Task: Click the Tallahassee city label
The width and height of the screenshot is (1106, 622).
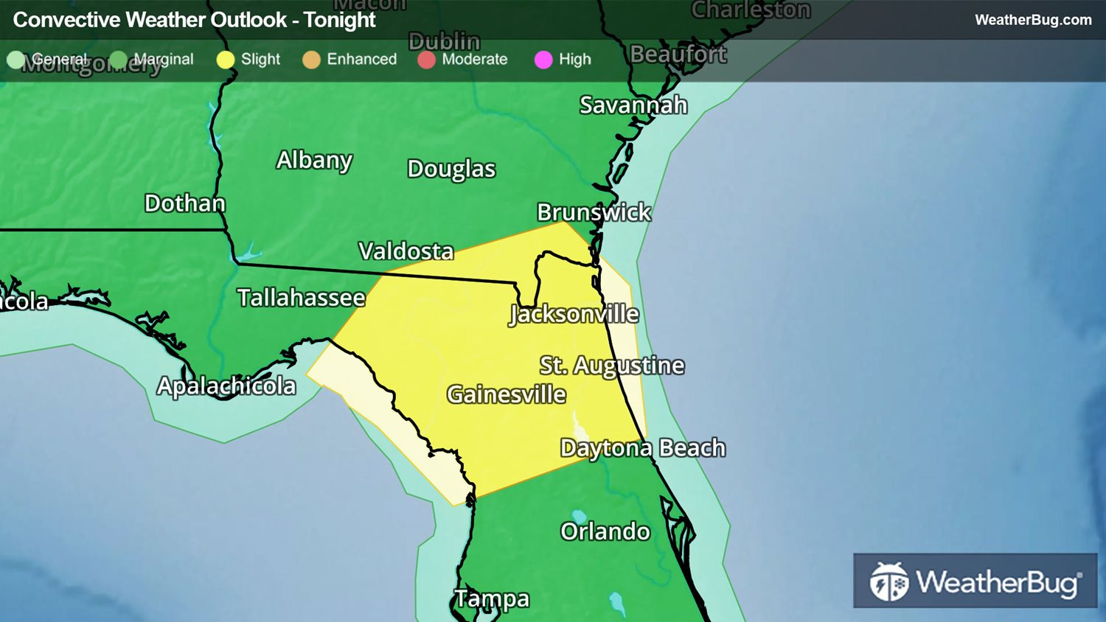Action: coord(301,298)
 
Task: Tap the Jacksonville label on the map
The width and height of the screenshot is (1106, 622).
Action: coord(574,315)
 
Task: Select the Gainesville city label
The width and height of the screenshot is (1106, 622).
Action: coord(507,394)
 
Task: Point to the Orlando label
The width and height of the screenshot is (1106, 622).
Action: coord(605,531)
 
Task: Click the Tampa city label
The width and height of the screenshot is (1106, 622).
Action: coord(492,599)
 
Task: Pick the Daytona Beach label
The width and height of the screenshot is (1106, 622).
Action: coord(643,448)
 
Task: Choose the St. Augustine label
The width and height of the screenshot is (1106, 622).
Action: coord(612,366)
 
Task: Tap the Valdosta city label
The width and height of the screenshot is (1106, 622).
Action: coord(406,251)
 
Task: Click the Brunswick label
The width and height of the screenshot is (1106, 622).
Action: coord(594,212)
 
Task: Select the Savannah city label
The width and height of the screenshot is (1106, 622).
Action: coord(633,105)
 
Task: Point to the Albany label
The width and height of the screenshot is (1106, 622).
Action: coord(315,160)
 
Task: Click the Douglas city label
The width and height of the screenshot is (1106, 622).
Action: coord(451,169)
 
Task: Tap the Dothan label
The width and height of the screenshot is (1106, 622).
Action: coord(185,203)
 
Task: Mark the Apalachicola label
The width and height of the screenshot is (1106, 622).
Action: coord(226,386)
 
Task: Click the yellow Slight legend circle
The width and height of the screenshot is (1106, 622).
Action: coord(226,60)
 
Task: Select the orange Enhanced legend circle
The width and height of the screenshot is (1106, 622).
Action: coord(311,60)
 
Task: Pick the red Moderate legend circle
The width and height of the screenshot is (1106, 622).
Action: coord(426,60)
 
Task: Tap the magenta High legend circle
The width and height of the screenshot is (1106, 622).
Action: coord(543,60)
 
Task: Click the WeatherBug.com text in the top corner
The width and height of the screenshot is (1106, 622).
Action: coord(1033,20)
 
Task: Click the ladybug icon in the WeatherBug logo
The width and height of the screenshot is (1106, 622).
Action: coord(889,581)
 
